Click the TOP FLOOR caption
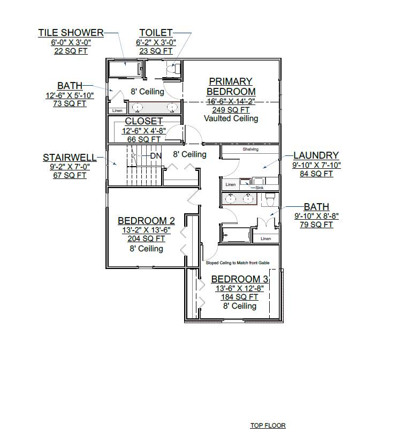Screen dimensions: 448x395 click(268, 425)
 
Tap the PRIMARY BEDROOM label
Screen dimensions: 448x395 click(231, 86)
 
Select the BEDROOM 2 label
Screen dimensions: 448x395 click(146, 221)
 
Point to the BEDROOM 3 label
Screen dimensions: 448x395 click(239, 279)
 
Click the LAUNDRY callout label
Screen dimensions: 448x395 click(316, 156)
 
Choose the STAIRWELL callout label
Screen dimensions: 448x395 click(70, 158)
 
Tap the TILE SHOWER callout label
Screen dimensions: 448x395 click(71, 33)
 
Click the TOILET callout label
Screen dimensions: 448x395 click(156, 33)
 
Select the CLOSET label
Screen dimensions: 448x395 click(143, 122)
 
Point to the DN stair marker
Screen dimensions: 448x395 click(156, 156)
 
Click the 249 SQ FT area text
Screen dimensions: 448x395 click(231, 110)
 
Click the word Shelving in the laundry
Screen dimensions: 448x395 click(250, 150)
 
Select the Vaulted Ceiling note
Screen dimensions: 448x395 click(231, 118)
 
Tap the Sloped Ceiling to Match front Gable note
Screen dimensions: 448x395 click(238, 263)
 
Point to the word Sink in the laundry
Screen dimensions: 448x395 click(259, 188)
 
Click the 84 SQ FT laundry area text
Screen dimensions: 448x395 click(316, 174)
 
